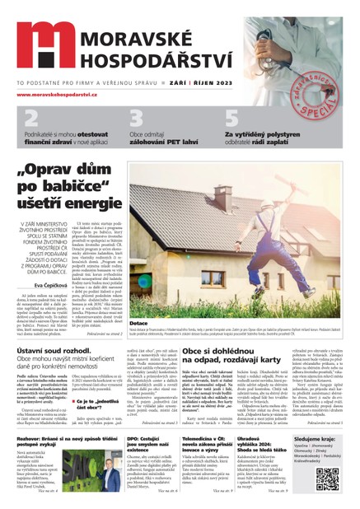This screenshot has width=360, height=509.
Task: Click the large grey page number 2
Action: click(x=30, y=120)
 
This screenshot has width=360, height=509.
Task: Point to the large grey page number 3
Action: click(x=138, y=120)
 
